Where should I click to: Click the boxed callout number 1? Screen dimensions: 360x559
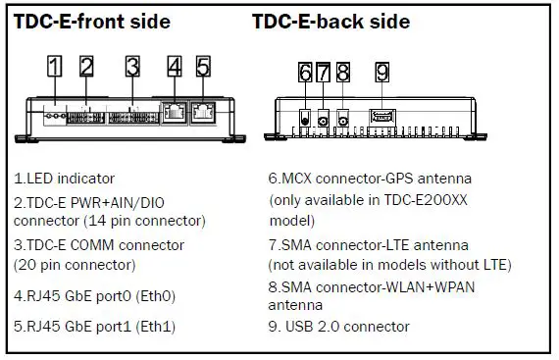[56, 67]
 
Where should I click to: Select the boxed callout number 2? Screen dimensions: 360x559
[86, 67]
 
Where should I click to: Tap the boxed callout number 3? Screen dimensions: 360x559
[132, 67]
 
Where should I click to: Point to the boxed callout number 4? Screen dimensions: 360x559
[175, 67]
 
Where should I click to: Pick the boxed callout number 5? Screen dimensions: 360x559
[203, 67]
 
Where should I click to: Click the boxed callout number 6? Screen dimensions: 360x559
[305, 73]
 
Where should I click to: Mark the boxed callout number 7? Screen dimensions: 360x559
[324, 73]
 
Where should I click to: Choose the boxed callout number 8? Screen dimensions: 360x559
[342, 73]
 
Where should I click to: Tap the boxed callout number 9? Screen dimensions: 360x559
[381, 73]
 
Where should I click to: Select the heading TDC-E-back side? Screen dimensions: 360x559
[330, 22]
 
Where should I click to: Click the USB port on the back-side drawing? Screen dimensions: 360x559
[381, 117]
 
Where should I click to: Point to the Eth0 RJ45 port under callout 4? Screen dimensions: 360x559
[175, 112]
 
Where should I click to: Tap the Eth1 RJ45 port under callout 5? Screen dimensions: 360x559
[204, 112]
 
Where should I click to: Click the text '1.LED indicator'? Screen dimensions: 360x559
[64, 179]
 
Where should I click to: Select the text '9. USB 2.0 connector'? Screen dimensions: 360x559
[338, 327]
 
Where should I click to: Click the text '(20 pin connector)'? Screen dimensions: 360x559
[75, 264]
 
